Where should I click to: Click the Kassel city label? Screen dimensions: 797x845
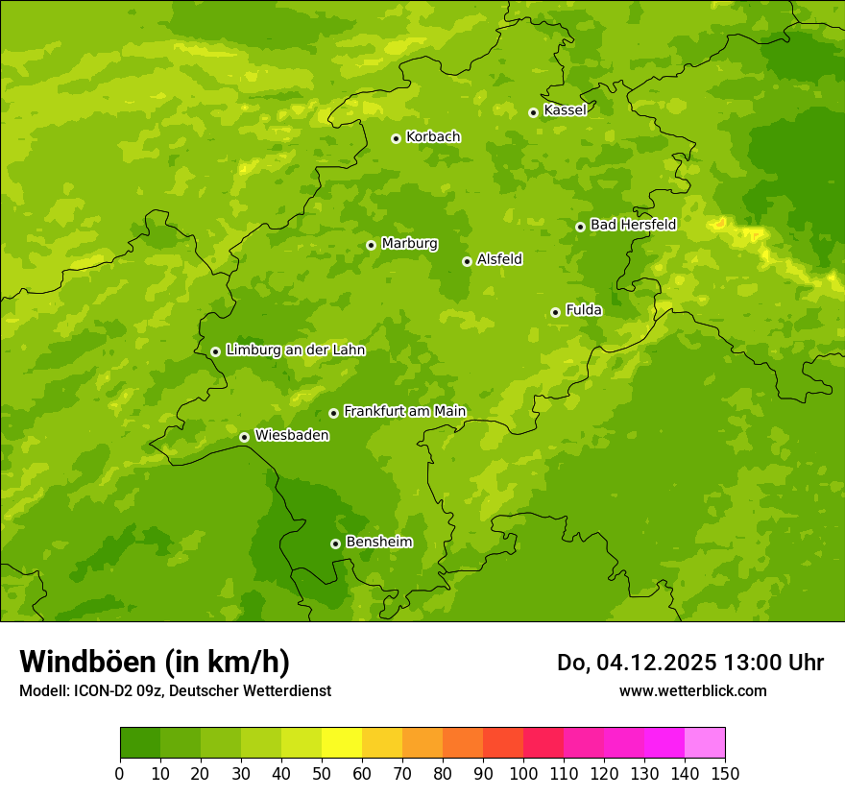pyautogui.click(x=565, y=110)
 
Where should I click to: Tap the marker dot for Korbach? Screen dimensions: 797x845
pyautogui.click(x=396, y=138)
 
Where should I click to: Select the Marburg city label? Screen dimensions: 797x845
pyautogui.click(x=409, y=244)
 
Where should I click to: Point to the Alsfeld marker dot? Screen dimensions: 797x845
pyautogui.click(x=467, y=261)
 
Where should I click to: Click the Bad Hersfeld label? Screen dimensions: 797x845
pyautogui.click(x=633, y=225)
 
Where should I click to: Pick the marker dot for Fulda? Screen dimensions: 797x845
pyautogui.click(x=555, y=312)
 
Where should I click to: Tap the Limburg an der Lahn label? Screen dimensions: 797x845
pyautogui.click(x=295, y=350)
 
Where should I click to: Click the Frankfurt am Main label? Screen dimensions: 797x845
pyautogui.click(x=404, y=411)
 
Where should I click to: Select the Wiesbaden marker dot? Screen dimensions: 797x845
pyautogui.click(x=244, y=437)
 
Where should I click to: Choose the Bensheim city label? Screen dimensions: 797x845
pyautogui.click(x=378, y=542)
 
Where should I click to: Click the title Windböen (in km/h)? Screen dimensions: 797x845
pyautogui.click(x=154, y=662)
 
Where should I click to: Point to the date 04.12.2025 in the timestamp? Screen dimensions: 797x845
pyautogui.click(x=657, y=663)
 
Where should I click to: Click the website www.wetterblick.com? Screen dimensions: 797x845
pyautogui.click(x=692, y=690)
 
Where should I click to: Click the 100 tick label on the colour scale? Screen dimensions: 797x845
pyautogui.click(x=523, y=774)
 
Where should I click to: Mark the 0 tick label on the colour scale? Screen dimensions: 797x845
pyautogui.click(x=120, y=774)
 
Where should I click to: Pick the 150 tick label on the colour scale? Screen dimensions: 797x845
pyautogui.click(x=725, y=774)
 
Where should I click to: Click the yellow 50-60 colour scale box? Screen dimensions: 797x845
pyautogui.click(x=342, y=743)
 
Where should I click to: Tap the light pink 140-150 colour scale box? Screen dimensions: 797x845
pyautogui.click(x=705, y=743)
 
